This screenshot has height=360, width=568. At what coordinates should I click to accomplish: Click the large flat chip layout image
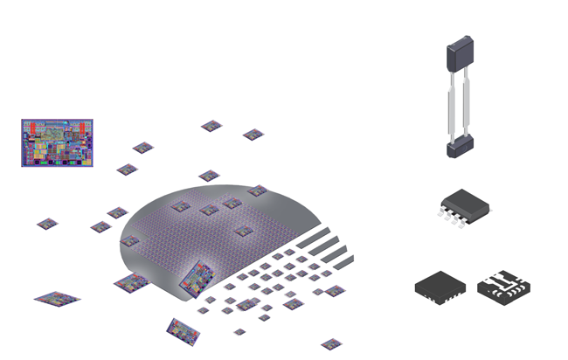point(56,142)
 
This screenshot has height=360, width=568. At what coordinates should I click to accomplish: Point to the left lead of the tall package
point(452,103)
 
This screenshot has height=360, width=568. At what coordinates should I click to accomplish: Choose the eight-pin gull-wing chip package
point(465,206)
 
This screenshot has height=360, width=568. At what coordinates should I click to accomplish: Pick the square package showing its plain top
point(440,286)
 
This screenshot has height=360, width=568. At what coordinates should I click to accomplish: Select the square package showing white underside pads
point(504,286)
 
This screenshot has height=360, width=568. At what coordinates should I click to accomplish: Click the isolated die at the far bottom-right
point(331,344)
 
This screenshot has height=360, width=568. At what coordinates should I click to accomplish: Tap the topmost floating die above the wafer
point(211,126)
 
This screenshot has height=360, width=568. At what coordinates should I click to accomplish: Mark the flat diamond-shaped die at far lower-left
point(57,299)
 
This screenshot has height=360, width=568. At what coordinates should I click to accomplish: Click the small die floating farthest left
point(47,224)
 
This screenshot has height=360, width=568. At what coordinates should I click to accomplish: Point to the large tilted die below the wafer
point(184,329)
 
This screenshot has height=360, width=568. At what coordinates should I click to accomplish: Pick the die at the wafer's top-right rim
point(257,190)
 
